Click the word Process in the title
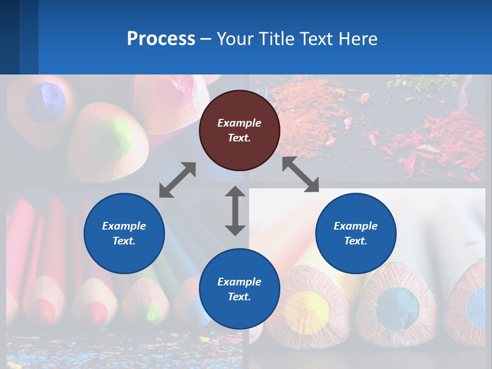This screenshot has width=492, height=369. click(x=161, y=39)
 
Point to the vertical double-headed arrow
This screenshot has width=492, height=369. click(x=235, y=211)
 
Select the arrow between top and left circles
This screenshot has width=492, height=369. click(x=177, y=180)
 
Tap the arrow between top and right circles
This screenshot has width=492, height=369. click(x=300, y=174)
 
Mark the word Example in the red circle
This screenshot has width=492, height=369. click(x=239, y=123)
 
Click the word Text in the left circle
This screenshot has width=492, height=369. click(x=124, y=241)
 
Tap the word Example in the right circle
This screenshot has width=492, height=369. click(x=356, y=226)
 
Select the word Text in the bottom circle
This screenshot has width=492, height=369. click(x=239, y=297)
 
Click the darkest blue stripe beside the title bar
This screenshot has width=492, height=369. click(x=9, y=37)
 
